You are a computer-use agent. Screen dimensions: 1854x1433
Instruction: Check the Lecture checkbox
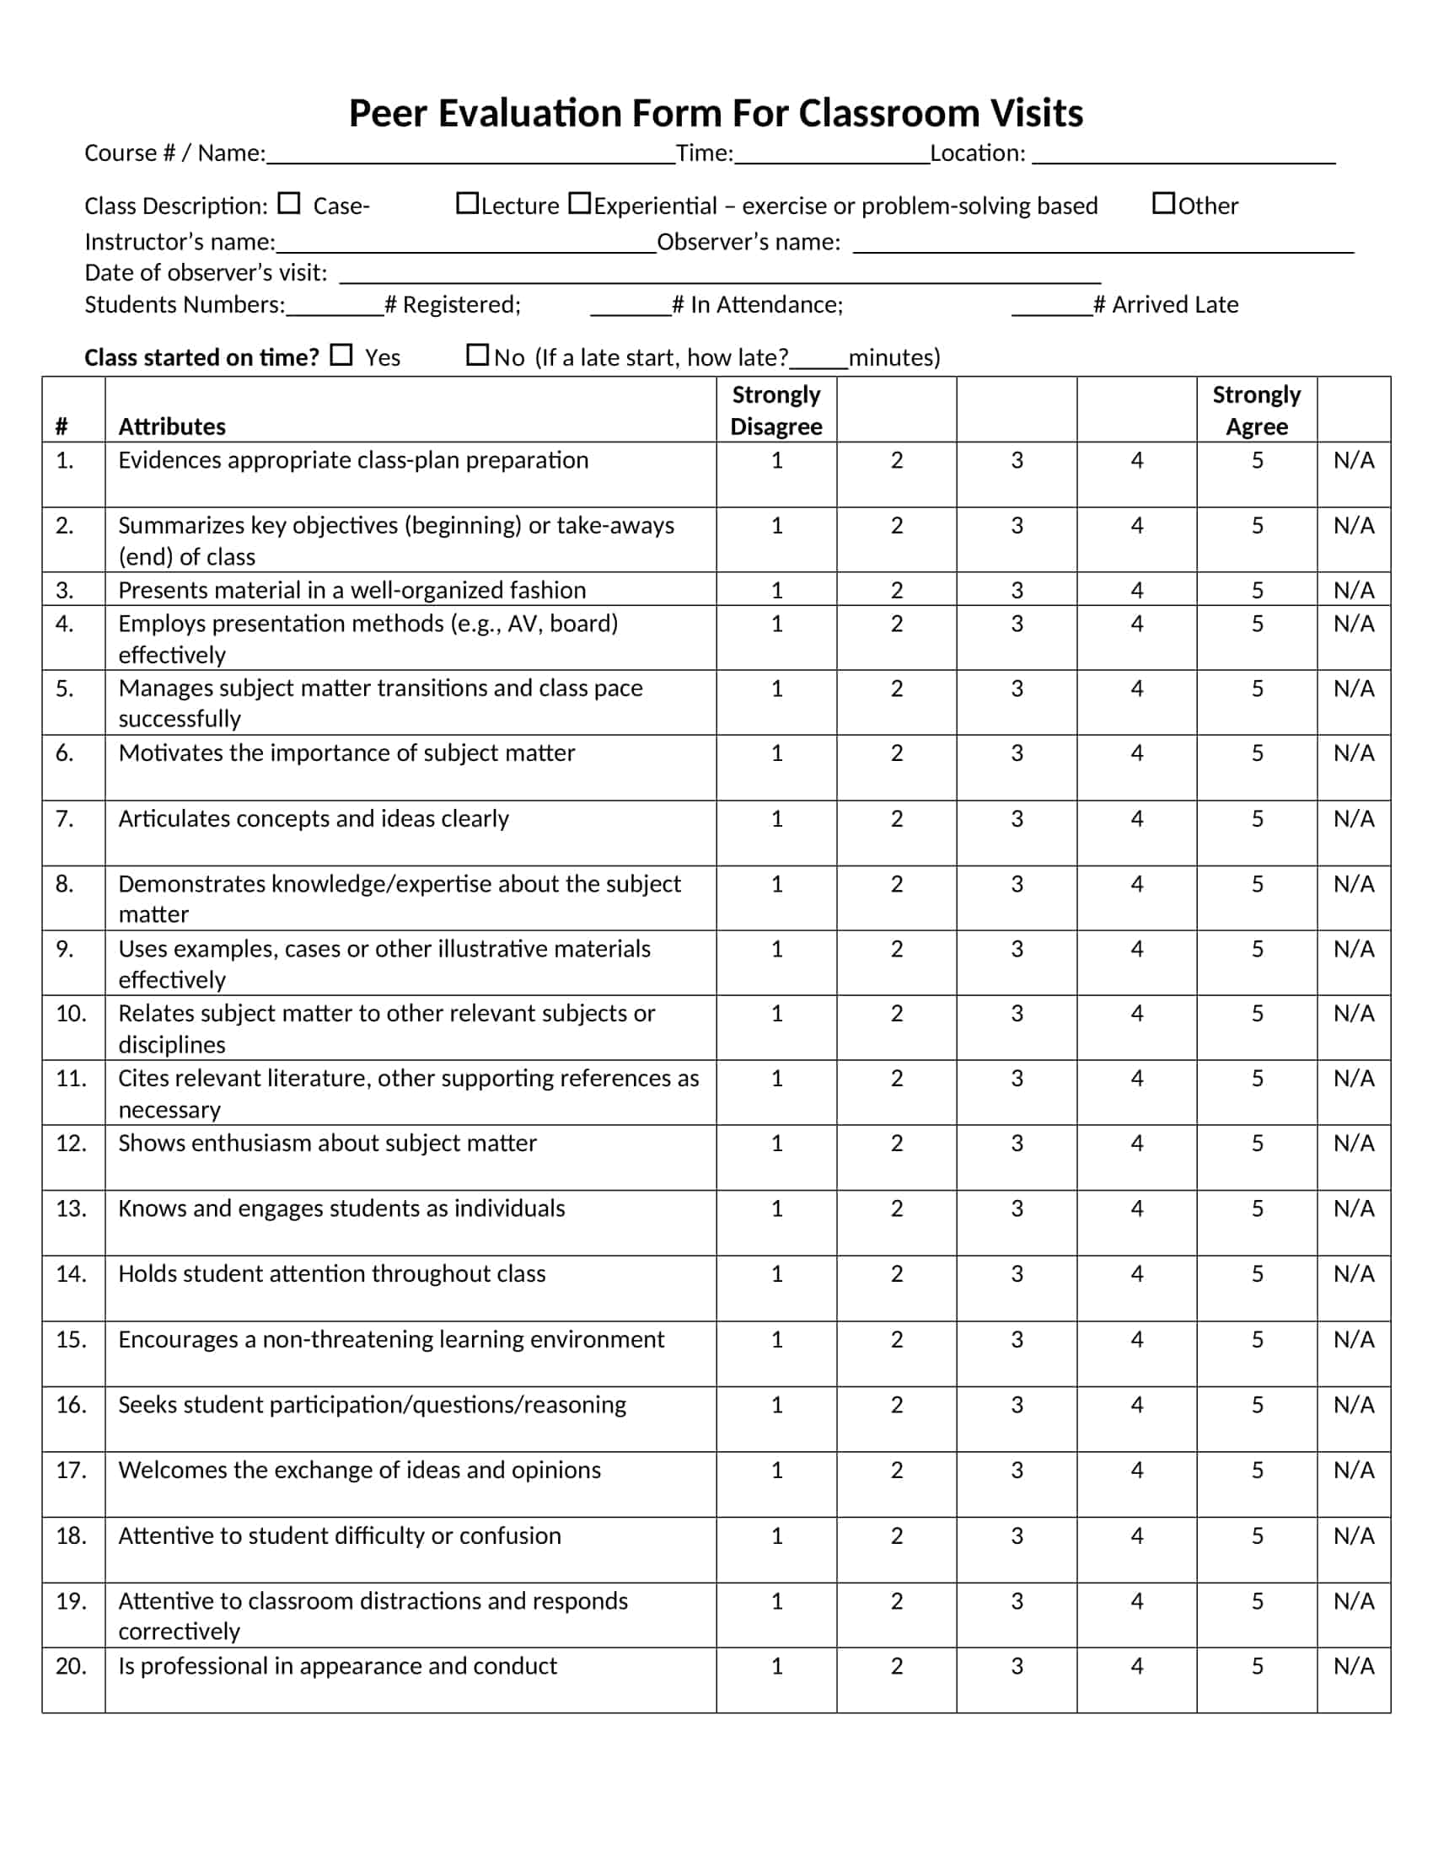pos(467,204)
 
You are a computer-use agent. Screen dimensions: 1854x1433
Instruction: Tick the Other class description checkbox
pos(1163,204)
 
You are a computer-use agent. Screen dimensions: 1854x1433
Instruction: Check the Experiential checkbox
pos(579,204)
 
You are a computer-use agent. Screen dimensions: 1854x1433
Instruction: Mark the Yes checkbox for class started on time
pos(341,355)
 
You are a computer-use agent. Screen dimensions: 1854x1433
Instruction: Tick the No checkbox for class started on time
pos(477,355)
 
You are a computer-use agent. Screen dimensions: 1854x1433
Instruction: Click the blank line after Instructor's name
pos(466,246)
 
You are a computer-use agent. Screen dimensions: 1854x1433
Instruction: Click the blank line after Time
pos(832,157)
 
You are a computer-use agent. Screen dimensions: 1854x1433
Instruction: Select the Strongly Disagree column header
pos(776,410)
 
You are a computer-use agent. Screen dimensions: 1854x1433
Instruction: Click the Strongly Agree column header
pos(1257,410)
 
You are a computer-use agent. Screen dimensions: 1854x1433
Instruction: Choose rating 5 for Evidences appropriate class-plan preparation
pos(1258,460)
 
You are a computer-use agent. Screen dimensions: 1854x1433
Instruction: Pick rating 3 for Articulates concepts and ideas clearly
pos(1017,818)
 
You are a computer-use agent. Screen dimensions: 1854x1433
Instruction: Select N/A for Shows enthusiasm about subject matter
pos(1353,1143)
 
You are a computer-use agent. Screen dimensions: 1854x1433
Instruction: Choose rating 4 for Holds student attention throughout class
pos(1137,1273)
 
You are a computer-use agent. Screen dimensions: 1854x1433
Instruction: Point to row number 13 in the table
pos(72,1208)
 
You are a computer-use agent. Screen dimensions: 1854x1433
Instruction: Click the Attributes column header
pos(172,426)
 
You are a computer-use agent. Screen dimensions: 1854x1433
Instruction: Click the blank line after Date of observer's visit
pos(720,276)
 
